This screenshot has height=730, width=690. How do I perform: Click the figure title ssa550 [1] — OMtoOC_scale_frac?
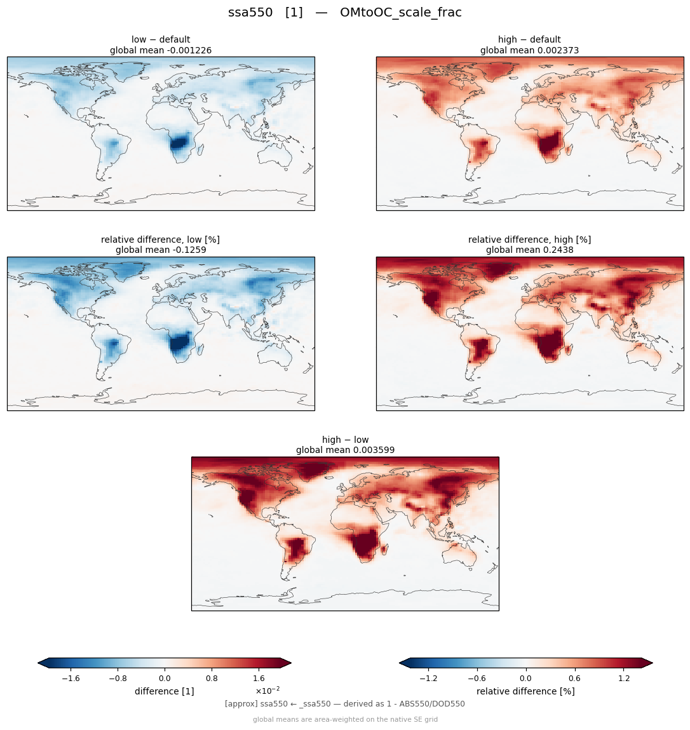point(344,13)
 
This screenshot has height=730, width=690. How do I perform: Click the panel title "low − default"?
point(161,39)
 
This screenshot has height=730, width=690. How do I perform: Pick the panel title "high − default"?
point(529,39)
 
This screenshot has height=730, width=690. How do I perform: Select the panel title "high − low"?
point(345,440)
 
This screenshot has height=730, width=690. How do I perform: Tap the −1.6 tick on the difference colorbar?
point(71,679)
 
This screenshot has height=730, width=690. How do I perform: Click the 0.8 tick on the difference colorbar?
point(212,679)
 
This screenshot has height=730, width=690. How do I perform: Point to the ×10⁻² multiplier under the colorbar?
point(267,690)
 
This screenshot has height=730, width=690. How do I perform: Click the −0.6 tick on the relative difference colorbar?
point(477,679)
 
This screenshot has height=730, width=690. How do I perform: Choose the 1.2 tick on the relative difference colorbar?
point(624,679)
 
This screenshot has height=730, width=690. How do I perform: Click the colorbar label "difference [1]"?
point(165,691)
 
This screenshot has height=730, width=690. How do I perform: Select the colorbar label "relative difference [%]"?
point(525,691)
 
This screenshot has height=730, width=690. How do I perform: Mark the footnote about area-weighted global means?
point(345,719)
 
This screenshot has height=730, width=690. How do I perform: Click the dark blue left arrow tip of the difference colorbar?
point(38,663)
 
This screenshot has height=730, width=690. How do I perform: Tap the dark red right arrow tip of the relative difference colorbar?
point(652,663)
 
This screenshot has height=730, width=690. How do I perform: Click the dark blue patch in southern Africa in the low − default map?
point(179,143)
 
